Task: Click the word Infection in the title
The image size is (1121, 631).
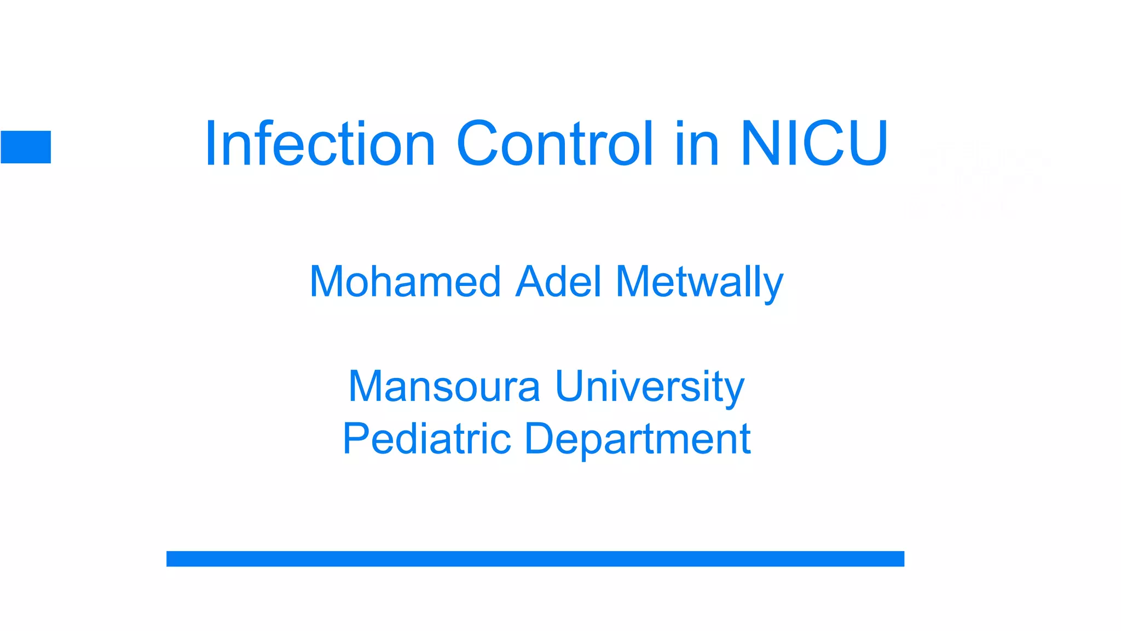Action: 320,144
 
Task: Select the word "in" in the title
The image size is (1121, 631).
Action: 697,144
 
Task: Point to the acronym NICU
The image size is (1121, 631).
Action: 814,144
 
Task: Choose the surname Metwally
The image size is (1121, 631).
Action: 700,283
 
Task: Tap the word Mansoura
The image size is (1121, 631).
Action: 444,386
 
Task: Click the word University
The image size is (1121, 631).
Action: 650,387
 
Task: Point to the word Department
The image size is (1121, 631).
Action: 638,439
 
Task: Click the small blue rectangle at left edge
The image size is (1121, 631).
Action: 26,147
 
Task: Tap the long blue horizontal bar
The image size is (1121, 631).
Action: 535,559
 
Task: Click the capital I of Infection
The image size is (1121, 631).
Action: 210,144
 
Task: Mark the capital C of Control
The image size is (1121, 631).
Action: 480,144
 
